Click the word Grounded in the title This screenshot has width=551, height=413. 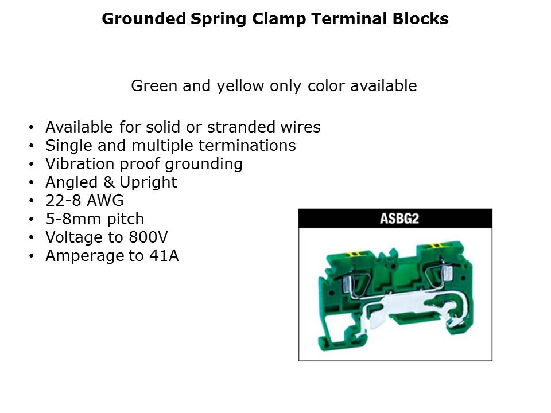tap(143, 18)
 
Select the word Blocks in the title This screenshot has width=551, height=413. tap(420, 18)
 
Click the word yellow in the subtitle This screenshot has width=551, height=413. tap(240, 86)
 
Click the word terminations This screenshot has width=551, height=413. tap(247, 145)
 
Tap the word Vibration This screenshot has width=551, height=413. tap(80, 163)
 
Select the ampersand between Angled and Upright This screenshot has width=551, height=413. tap(108, 182)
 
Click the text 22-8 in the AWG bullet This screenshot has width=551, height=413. tap(64, 201)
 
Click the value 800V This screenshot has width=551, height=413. tap(148, 237)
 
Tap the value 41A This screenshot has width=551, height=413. tap(164, 255)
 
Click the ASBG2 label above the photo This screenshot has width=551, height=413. tap(399, 219)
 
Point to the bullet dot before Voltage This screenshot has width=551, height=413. tap(32, 237)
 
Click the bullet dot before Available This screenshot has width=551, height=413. tap(32, 127)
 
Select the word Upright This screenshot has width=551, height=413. tap(148, 183)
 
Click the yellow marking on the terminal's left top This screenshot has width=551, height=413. tap(355, 254)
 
